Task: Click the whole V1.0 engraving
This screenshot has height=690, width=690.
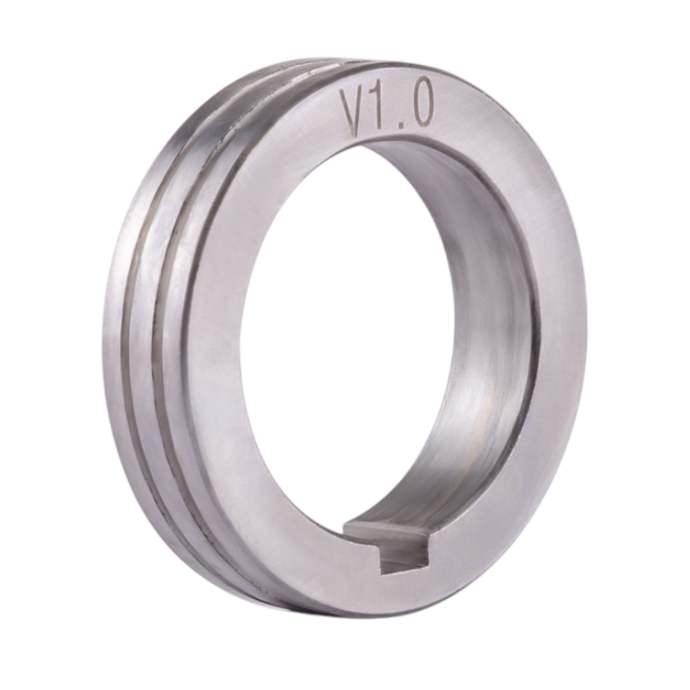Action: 386,109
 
